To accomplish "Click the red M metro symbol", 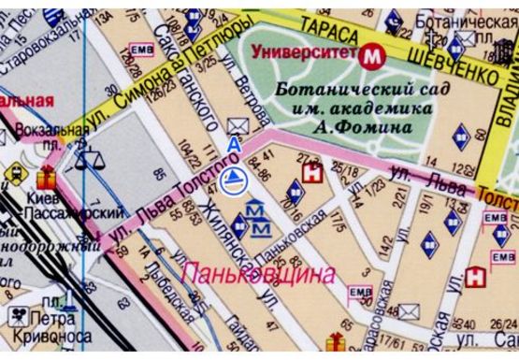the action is point(374,55).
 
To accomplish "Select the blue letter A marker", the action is point(235,145).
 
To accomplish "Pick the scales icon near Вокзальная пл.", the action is point(90,158).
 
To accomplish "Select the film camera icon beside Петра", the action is point(19,315).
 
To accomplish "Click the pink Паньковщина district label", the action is point(257,274).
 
